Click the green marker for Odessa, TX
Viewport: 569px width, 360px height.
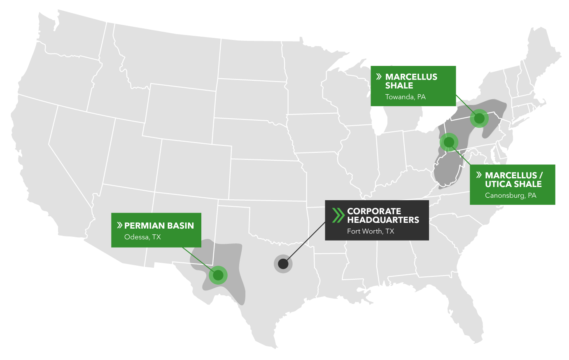click(x=218, y=275)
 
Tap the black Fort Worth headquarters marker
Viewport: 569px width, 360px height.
click(x=283, y=264)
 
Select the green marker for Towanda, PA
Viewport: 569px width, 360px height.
click(x=479, y=119)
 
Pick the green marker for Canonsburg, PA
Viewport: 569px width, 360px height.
click(x=449, y=142)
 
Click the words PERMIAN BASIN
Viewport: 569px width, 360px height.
click(x=159, y=226)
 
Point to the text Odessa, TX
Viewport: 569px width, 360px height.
click(x=142, y=237)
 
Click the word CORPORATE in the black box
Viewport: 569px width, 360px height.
click(x=374, y=211)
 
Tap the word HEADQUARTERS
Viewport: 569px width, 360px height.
click(x=383, y=220)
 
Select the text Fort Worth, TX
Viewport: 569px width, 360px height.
click(x=371, y=231)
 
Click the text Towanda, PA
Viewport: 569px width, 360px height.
click(x=405, y=97)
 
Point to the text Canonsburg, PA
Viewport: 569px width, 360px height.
click(x=511, y=195)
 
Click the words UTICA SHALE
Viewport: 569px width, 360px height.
click(x=513, y=184)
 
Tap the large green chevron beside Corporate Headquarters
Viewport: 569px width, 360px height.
click(x=338, y=215)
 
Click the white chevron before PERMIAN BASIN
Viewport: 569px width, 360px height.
click(x=119, y=225)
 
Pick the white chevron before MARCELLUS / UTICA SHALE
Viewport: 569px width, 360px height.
click(x=478, y=175)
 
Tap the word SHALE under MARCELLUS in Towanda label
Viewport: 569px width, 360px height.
click(x=399, y=86)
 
